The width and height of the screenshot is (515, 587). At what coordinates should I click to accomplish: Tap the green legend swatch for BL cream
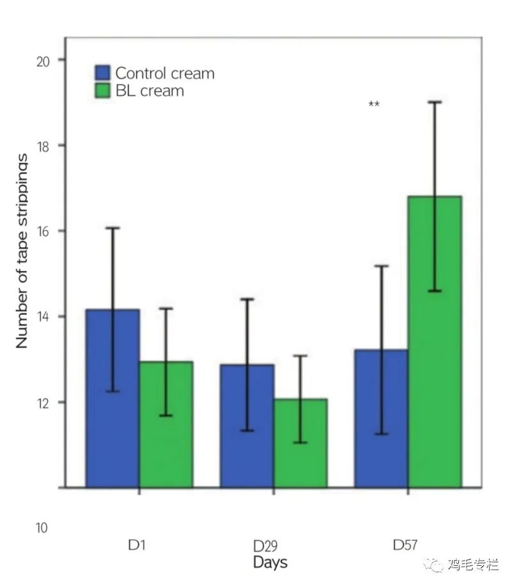(x=103, y=91)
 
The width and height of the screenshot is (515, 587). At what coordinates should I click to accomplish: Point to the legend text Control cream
(x=164, y=74)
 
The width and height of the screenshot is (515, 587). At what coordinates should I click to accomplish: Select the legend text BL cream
(x=149, y=91)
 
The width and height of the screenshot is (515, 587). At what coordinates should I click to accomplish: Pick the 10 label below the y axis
(x=41, y=528)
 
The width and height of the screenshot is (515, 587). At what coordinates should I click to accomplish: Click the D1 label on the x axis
(x=137, y=545)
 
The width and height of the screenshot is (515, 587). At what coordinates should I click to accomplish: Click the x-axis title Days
(x=270, y=563)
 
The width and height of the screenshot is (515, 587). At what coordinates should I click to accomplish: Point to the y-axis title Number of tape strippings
(x=22, y=251)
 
